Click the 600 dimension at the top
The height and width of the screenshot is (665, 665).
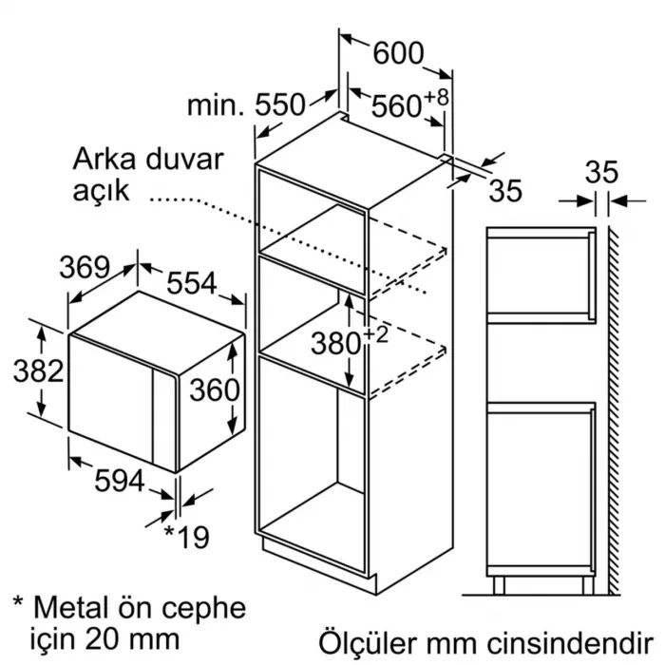pos(398,53)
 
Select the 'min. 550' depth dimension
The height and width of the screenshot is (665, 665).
pos(245,104)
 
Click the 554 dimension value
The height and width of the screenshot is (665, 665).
pos(193,283)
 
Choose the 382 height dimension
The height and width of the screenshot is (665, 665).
pos(38,370)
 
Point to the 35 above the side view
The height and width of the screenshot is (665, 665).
pos(600,173)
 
